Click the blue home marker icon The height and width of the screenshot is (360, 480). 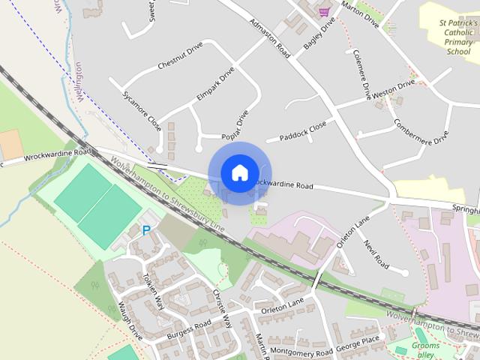[239, 172]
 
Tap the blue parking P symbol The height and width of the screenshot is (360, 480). [146, 231]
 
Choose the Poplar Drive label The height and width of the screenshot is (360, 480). [235, 125]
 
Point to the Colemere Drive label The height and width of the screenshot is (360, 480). [362, 76]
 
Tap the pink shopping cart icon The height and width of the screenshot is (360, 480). [324, 11]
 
